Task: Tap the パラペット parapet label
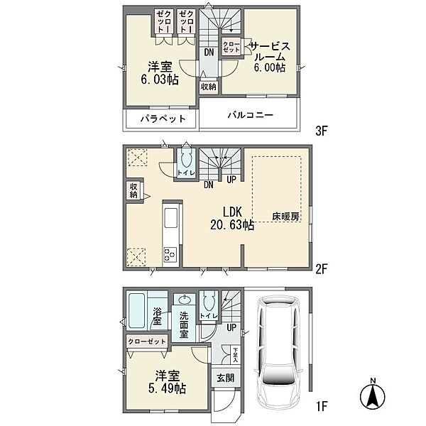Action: pos(161,119)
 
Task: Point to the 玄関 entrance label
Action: pos(226,378)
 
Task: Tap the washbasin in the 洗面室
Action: pos(185,300)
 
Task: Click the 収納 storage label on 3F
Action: pos(208,87)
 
